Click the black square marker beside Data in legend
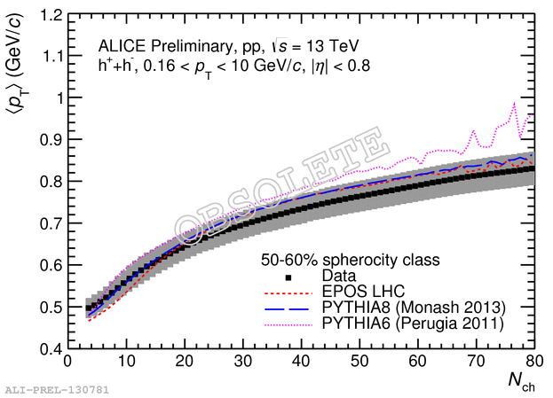coord(289,277)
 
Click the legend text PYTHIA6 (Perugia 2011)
coord(414,324)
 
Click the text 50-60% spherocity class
coord(350,261)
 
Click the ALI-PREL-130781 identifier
coord(43,389)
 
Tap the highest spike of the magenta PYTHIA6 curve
coord(514,103)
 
